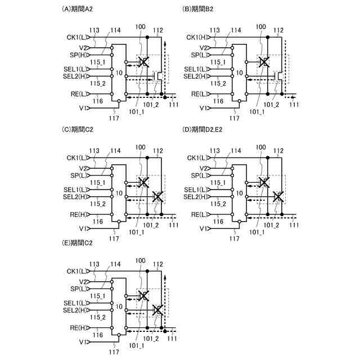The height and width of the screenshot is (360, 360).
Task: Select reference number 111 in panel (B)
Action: [294, 105]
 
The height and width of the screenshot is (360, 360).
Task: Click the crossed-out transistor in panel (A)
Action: [144, 62]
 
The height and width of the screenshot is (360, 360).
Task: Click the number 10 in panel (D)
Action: [238, 193]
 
